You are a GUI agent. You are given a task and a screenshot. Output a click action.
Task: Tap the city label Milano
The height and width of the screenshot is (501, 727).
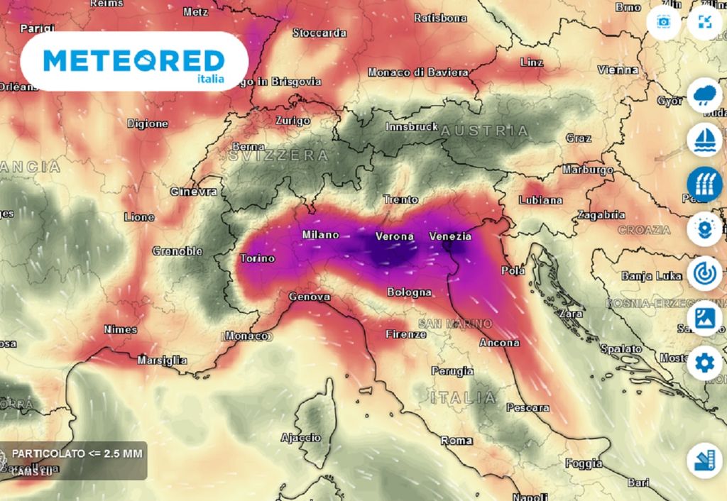320,235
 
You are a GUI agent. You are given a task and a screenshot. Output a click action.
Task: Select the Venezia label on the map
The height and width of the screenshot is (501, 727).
450,236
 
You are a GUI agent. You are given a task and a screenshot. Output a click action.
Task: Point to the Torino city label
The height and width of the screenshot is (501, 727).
257,258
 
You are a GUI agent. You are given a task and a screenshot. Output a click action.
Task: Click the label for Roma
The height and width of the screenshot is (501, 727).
456,441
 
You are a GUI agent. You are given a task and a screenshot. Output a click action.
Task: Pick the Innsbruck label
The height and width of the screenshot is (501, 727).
412,127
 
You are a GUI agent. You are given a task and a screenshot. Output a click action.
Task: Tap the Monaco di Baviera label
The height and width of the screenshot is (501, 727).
417,72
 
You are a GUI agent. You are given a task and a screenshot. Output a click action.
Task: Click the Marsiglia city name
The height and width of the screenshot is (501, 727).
162,360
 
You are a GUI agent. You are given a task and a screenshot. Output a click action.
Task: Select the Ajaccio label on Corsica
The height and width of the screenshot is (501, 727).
300,437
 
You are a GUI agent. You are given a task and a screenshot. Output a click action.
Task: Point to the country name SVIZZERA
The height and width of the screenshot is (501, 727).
278,155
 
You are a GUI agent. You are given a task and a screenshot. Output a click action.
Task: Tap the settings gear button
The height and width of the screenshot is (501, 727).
704,364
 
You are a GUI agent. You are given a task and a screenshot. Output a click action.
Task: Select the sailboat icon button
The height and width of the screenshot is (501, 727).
704,140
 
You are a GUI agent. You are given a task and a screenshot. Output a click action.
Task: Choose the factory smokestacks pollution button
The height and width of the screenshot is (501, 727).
704,184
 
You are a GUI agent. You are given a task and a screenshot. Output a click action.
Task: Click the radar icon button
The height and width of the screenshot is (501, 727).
704,273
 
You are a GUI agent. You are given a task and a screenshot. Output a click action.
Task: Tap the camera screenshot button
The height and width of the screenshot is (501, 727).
664,21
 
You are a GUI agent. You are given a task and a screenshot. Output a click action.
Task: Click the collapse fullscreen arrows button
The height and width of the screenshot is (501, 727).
704,21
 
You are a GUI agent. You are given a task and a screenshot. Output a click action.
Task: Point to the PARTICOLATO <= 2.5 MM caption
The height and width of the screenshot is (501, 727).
77,453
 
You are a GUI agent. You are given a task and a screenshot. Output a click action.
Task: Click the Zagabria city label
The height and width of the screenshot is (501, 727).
601,214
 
